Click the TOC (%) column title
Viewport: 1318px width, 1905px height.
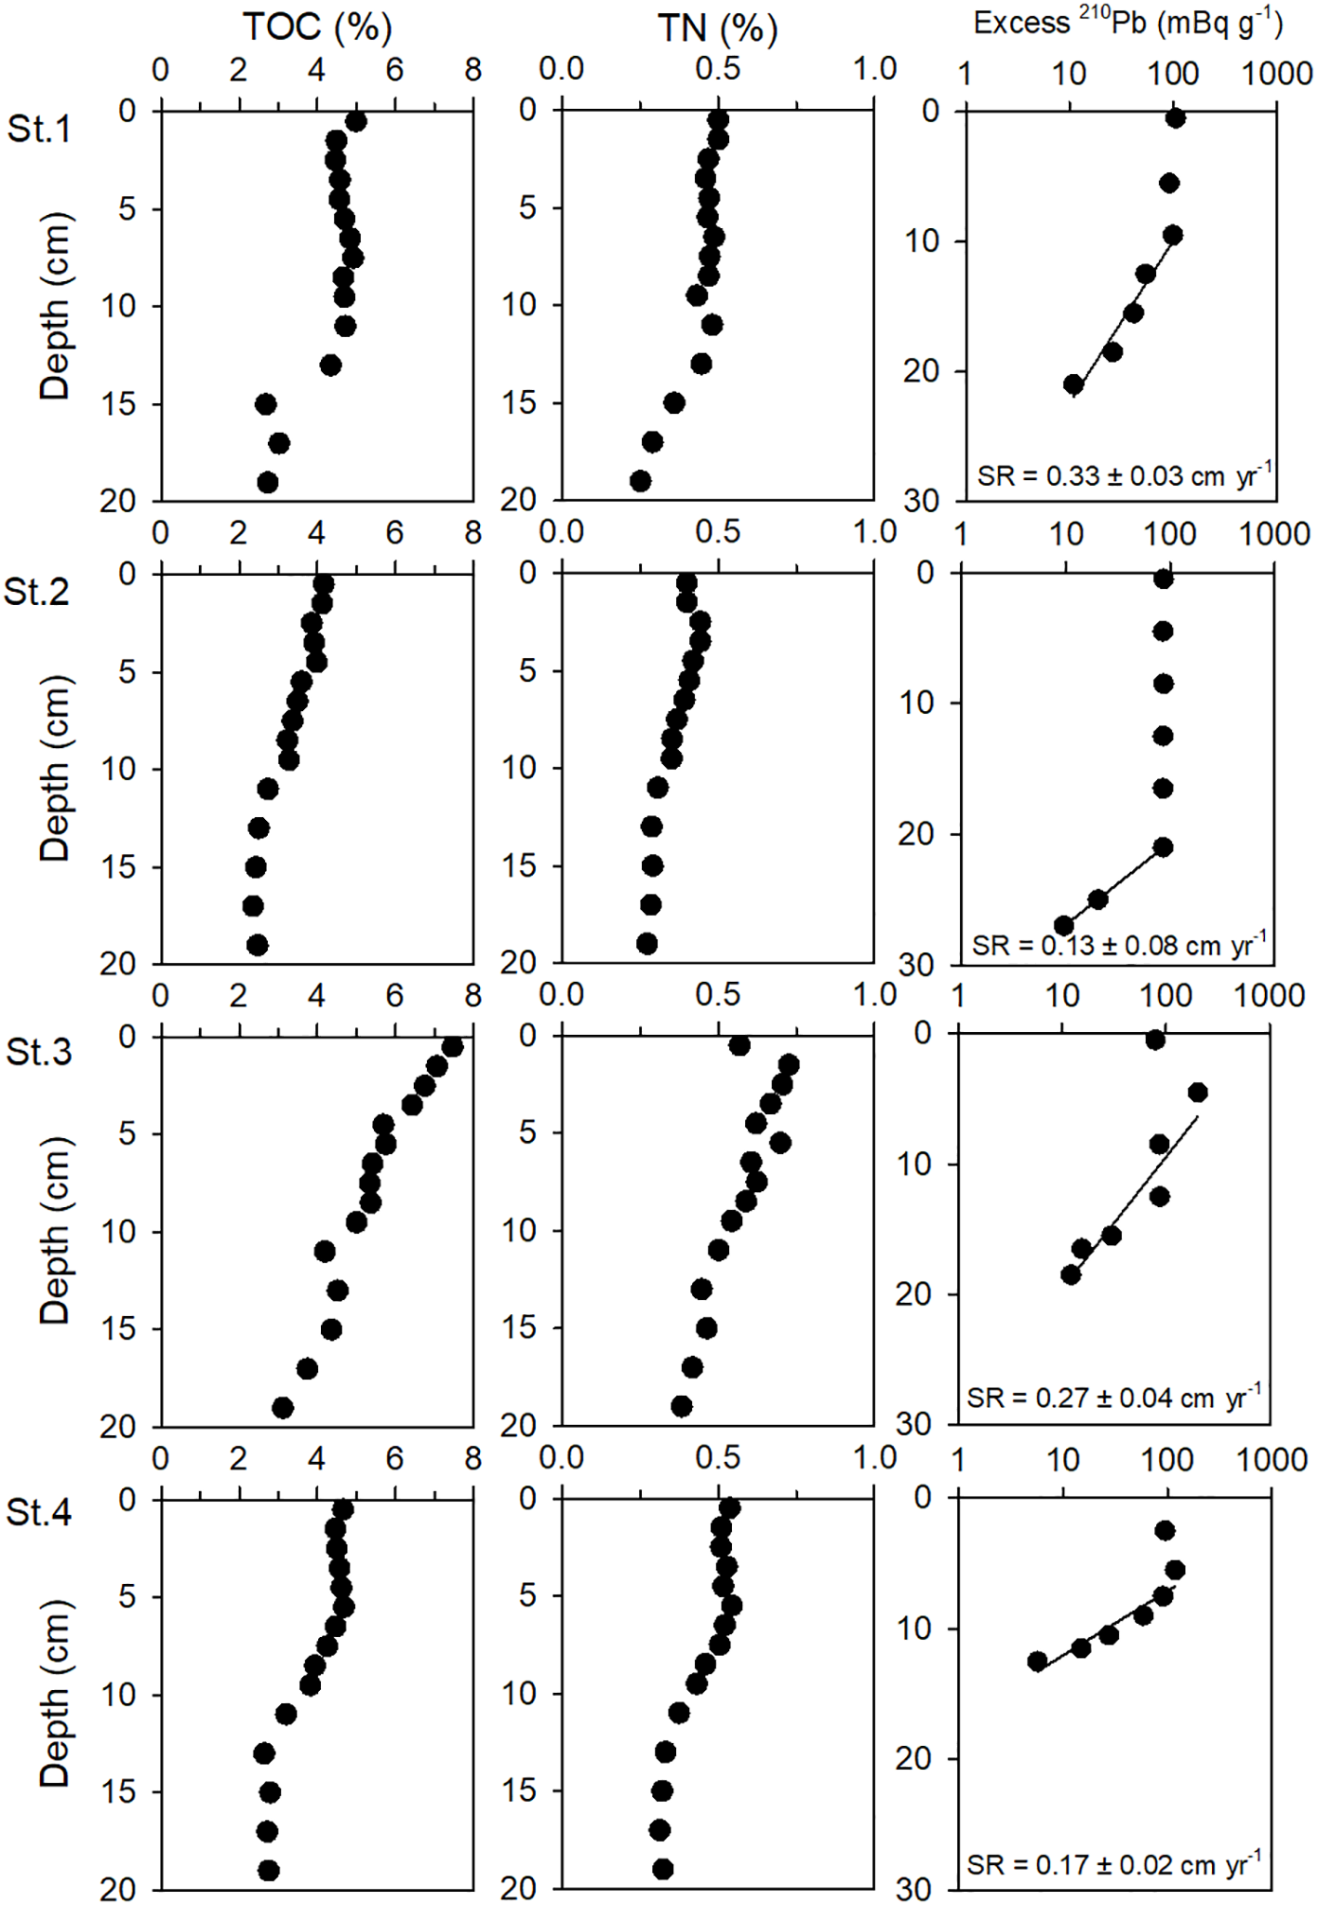click(x=317, y=27)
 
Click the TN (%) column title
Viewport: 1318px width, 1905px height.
click(x=717, y=29)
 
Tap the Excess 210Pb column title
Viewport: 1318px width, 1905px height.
click(x=1127, y=22)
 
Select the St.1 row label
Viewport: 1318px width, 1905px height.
click(x=38, y=128)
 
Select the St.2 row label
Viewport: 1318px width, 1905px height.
click(x=36, y=591)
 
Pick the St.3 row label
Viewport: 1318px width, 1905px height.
click(x=38, y=1052)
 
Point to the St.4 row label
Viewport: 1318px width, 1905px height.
click(x=38, y=1512)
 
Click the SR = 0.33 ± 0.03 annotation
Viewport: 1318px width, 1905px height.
click(x=1124, y=476)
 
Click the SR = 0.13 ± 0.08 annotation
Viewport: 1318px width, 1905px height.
click(x=1119, y=946)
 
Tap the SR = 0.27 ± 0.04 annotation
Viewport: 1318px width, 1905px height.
click(x=1113, y=1397)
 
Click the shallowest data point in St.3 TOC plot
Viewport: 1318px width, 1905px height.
click(x=452, y=1047)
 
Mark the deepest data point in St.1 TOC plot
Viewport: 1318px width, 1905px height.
click(x=268, y=482)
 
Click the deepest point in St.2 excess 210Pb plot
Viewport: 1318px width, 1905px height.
click(x=1064, y=925)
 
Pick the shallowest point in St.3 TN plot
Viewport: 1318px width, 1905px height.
click(x=739, y=1045)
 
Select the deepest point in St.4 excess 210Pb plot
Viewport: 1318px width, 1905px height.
click(x=1037, y=1661)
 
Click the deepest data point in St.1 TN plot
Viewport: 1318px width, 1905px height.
click(x=640, y=481)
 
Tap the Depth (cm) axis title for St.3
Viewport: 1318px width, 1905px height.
click(x=55, y=1230)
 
